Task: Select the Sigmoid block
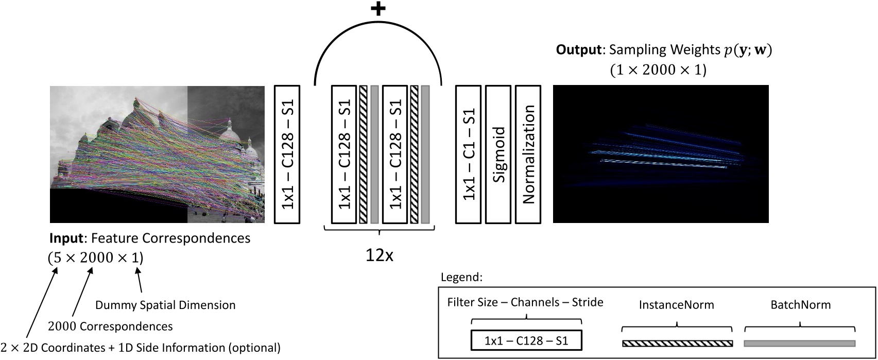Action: (498, 155)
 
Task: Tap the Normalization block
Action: (528, 155)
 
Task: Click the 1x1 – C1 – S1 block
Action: (468, 155)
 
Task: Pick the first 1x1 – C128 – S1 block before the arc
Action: (287, 155)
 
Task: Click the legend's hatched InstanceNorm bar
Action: (677, 344)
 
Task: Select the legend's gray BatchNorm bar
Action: (800, 344)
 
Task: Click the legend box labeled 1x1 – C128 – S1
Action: (526, 340)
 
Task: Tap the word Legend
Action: (461, 278)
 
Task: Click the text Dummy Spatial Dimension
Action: (165, 305)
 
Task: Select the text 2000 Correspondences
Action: (110, 326)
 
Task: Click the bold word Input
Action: (65, 238)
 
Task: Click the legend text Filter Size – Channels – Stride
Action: (525, 302)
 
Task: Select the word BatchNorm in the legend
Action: (800, 305)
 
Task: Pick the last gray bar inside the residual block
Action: (425, 155)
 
